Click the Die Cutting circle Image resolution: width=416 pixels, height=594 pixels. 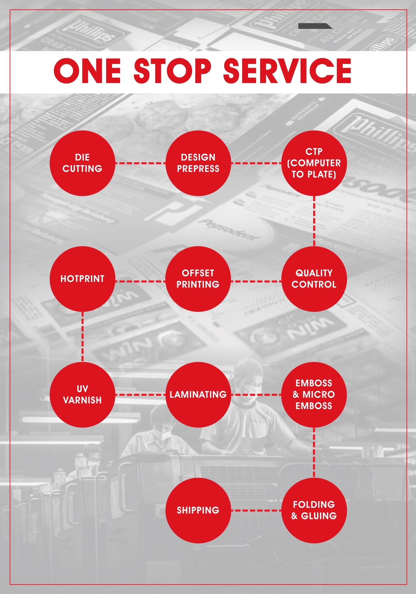(x=82, y=163)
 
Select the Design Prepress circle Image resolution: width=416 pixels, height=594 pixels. (x=198, y=163)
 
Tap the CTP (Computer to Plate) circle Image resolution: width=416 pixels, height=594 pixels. (x=314, y=163)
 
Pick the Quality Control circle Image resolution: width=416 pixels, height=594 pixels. (x=314, y=279)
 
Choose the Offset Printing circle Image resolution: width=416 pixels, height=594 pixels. (x=198, y=279)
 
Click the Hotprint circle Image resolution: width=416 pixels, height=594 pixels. (x=82, y=279)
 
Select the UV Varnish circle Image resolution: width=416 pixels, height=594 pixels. (x=82, y=394)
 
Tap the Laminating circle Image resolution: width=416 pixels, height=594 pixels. (x=198, y=394)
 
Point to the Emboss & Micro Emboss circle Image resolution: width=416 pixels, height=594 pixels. (x=314, y=394)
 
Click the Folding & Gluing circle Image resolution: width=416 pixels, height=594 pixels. (x=314, y=510)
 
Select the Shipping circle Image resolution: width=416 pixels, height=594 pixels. (x=198, y=510)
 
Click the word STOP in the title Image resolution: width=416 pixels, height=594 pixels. (x=172, y=71)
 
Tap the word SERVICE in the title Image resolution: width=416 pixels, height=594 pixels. (x=287, y=71)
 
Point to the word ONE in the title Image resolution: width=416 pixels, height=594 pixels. (x=87, y=71)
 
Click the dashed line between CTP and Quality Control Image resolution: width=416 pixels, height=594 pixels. (x=314, y=221)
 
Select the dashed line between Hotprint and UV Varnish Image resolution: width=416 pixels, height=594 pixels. (x=82, y=337)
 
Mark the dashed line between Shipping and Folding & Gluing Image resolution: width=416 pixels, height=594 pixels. (x=256, y=511)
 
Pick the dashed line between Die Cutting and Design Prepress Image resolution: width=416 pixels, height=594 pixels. (x=140, y=163)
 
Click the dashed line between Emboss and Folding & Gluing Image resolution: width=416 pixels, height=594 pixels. (x=314, y=452)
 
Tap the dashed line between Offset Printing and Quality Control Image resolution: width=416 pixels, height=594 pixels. (x=256, y=281)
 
